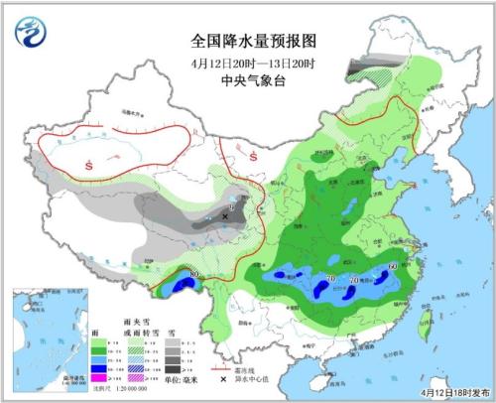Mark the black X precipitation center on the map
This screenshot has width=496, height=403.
[225, 214]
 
